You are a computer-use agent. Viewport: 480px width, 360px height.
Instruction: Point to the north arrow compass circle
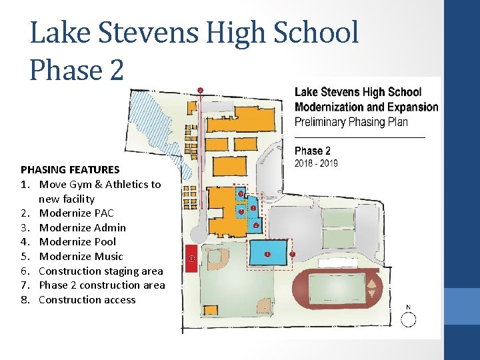407,320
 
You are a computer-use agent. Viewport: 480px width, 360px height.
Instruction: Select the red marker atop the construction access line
200,89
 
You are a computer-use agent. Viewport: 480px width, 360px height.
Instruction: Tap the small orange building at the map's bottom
211,310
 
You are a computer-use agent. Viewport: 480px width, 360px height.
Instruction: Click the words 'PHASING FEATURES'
70,169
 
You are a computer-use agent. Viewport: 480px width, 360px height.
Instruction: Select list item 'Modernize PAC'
76,213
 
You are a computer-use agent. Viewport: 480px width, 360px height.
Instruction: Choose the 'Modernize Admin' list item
82,227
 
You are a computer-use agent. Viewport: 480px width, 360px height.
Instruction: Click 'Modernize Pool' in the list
77,241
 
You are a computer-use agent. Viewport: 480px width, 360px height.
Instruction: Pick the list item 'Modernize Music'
81,256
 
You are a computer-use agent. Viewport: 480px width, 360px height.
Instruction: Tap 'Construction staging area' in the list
101,271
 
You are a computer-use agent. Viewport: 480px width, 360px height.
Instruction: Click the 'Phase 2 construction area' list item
101,285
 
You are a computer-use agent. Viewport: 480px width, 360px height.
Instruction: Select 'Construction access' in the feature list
87,299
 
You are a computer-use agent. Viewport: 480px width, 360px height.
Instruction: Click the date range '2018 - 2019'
316,163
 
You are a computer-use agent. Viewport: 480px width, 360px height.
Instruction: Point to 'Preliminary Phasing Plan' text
351,122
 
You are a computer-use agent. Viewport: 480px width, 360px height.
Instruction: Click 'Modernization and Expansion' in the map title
366,107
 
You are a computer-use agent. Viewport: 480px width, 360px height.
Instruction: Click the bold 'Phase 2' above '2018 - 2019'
313,151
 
